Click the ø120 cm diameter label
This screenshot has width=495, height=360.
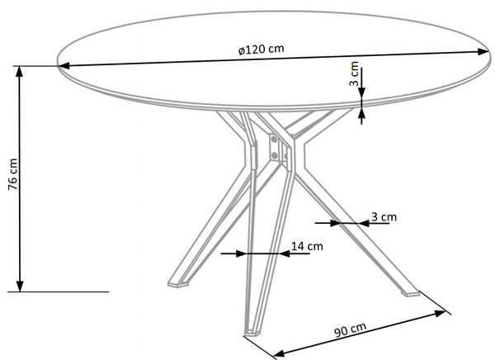pos(262,50)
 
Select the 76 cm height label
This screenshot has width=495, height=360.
pos(13,174)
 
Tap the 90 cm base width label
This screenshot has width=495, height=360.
pos(350,329)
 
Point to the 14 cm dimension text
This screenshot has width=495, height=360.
pos(307,246)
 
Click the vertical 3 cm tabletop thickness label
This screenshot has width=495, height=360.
pos(354,74)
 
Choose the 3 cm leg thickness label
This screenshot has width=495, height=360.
pos(384,217)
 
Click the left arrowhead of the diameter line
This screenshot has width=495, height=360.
pos(64,66)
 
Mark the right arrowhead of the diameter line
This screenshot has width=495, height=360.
pos(483,52)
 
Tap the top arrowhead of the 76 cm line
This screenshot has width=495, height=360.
pos(20,72)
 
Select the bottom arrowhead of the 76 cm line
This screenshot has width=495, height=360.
pos(20,286)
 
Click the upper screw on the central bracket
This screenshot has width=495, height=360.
pos(274,140)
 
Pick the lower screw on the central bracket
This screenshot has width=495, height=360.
pos(275,155)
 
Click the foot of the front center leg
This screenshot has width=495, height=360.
pos(252,332)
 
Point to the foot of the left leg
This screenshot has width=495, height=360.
pos(178,284)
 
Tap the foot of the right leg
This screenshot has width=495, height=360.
pos(410,293)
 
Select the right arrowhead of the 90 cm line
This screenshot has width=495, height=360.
pos(440,313)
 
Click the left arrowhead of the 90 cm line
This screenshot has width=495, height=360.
pos(279,353)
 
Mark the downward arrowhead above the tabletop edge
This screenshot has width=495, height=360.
pos(361,92)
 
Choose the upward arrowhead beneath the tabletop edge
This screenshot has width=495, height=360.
pos(361,113)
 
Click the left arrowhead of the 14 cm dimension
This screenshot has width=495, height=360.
pos(241,253)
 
